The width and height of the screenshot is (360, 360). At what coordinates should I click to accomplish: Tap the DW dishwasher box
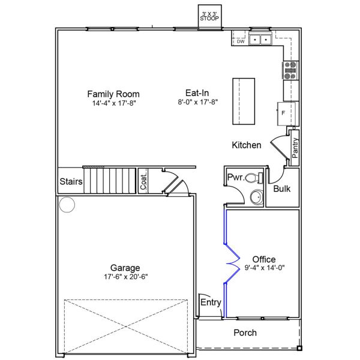click(240, 41)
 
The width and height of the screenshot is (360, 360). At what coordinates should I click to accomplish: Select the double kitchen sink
click(260, 40)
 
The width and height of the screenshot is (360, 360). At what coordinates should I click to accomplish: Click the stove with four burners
click(290, 71)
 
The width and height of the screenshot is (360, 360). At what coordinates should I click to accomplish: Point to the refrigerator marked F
click(284, 112)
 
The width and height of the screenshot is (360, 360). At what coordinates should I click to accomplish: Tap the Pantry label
click(295, 148)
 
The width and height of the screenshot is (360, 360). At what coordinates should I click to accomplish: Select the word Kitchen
click(247, 145)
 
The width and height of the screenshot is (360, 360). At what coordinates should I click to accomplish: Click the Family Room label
click(113, 94)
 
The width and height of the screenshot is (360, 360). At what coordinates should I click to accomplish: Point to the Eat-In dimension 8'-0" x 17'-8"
click(197, 102)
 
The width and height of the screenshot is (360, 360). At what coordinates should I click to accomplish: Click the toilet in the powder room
click(256, 178)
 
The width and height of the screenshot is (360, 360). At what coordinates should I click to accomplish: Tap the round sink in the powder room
click(256, 197)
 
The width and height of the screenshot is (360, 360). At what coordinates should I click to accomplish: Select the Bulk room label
click(282, 188)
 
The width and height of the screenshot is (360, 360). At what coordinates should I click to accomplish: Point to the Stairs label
click(70, 181)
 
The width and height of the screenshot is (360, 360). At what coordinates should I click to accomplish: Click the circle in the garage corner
click(66, 206)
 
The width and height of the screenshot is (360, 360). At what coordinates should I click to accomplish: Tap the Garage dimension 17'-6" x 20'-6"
click(125, 277)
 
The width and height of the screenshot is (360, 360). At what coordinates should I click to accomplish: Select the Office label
click(264, 259)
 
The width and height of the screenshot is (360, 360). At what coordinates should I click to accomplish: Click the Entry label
click(211, 302)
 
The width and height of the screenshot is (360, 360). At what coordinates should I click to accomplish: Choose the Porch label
click(245, 332)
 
